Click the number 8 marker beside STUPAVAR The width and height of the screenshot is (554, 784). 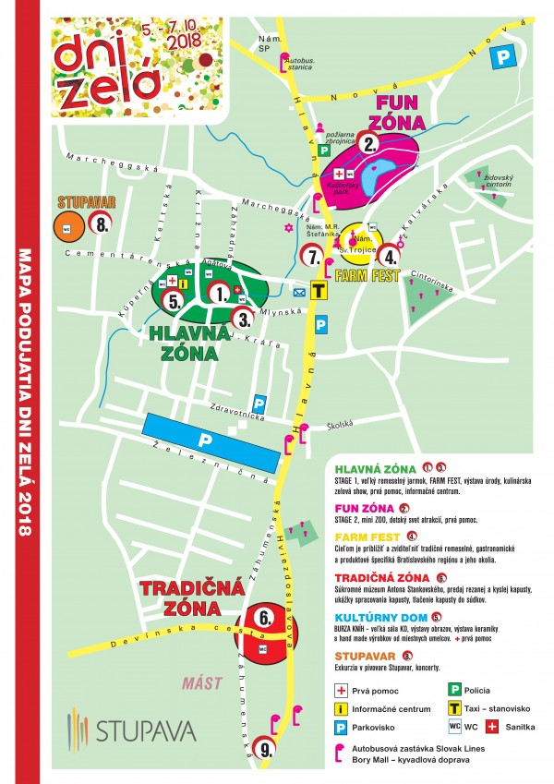point(101,223)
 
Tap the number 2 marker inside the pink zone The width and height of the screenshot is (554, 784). point(370,143)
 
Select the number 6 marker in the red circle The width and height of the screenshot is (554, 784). point(264,617)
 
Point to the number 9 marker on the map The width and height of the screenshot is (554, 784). point(266,751)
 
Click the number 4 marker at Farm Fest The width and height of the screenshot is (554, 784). point(391,257)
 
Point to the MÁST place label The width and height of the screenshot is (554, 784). point(201,683)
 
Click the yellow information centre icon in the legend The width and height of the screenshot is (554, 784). point(343,708)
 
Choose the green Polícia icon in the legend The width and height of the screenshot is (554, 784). point(454,689)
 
